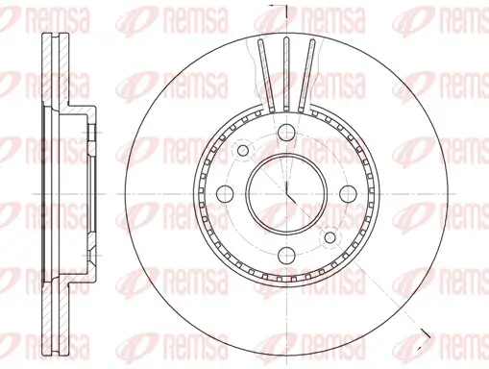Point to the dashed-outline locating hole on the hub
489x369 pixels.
click(x=242, y=149)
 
